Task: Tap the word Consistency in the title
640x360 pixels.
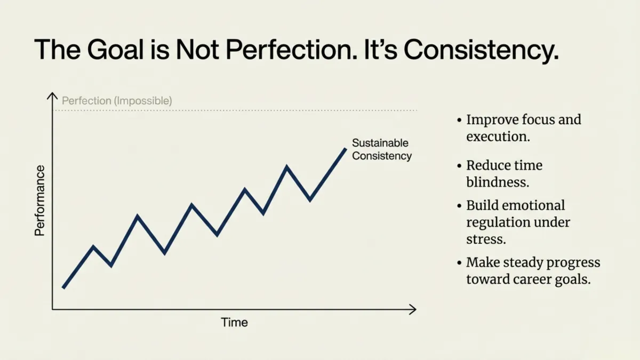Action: tap(481, 50)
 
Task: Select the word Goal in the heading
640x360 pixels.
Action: tap(112, 50)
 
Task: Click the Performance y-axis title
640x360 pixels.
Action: tap(40, 201)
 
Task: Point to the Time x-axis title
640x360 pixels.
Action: tap(234, 323)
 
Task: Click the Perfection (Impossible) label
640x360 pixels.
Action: tap(117, 100)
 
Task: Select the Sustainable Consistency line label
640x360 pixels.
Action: tap(381, 149)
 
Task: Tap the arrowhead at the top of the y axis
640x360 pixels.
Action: tap(52, 95)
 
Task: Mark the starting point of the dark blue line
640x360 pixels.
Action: tap(63, 287)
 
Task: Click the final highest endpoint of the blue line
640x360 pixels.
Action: tap(346, 149)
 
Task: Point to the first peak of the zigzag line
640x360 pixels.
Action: tap(94, 246)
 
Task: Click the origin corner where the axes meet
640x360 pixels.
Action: tap(52, 309)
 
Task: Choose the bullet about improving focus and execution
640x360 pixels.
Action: tap(523, 127)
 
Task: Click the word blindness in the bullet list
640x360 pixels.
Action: tap(497, 182)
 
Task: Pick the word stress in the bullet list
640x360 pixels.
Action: tap(485, 239)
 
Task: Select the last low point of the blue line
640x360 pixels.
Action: tap(310, 200)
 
